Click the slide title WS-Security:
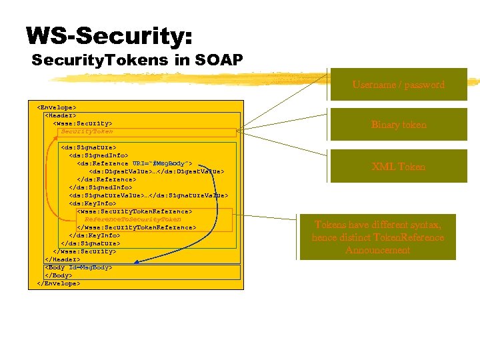109,36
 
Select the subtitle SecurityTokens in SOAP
137,61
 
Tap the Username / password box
399,85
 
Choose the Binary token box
399,125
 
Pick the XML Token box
399,167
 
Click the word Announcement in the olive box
378,251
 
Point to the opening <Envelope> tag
56,107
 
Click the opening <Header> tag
62,115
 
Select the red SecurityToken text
87,131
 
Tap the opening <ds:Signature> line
88,147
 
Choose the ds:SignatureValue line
148,195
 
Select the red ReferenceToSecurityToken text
133,219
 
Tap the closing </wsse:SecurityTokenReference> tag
136,227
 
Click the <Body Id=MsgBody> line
78,267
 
